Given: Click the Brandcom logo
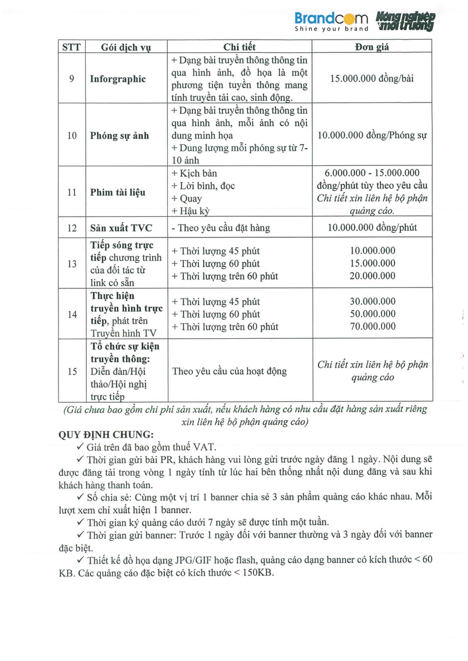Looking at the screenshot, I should point(331,21).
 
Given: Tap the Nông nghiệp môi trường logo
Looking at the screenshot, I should point(405,21).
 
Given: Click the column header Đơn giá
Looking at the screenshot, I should point(372,47).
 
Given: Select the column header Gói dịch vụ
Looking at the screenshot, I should point(126,47).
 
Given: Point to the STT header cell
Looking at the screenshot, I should point(71,47).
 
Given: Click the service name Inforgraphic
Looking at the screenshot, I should point(118,79).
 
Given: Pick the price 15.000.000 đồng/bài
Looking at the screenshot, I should point(372,78).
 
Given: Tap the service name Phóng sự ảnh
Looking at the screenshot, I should point(119,136).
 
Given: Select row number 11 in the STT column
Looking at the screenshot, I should point(72,192).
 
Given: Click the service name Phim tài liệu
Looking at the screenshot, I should point(118,192).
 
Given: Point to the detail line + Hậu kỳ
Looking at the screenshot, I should point(191,211).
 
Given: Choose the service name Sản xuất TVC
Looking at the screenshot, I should point(121,228).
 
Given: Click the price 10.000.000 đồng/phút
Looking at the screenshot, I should point(372,227).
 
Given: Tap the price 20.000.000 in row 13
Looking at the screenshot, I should point(372,276).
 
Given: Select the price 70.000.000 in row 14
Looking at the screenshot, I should point(373,326).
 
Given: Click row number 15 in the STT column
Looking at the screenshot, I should point(72,371).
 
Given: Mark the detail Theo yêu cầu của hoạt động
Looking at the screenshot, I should point(229,371).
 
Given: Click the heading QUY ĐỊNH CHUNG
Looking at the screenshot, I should point(106,435).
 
